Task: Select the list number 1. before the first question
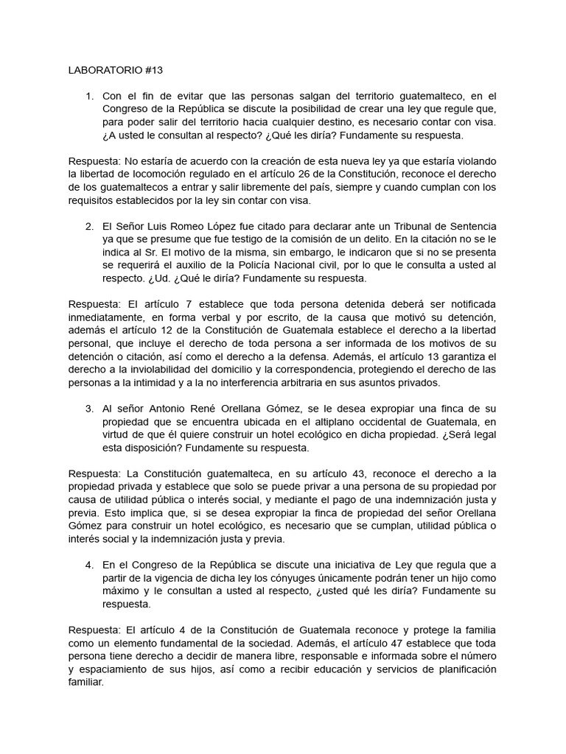pos(90,96)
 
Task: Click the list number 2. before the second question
pos(90,225)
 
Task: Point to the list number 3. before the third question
pos(90,408)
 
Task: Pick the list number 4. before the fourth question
pos(90,565)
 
